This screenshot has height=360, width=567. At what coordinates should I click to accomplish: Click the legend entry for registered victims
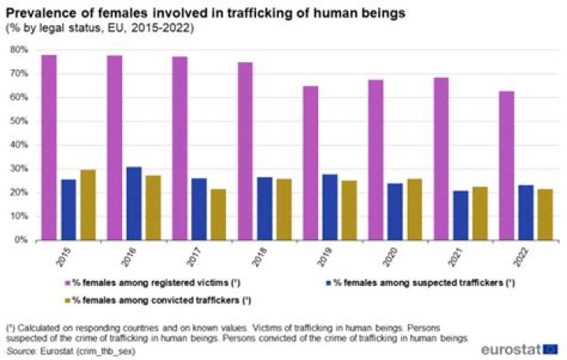point(157,282)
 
